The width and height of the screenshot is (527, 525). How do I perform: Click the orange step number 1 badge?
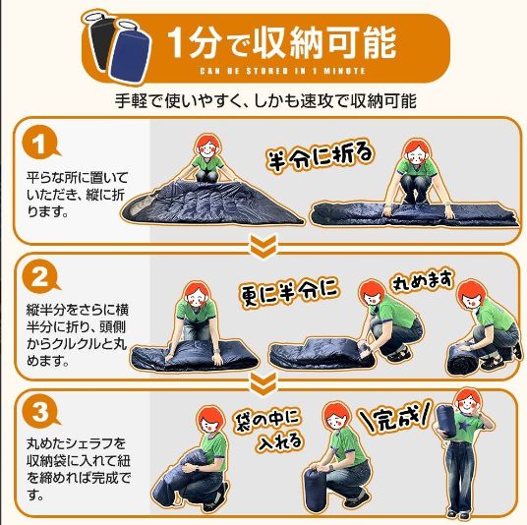(x=40, y=144)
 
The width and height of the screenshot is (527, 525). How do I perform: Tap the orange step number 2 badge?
(x=40, y=277)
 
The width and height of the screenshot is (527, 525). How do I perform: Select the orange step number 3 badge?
(x=40, y=411)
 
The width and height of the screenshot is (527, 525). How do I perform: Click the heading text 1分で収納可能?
(x=281, y=42)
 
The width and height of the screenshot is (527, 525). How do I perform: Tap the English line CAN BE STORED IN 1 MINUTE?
(x=282, y=71)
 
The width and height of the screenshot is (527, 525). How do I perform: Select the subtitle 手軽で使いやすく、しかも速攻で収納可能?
(x=265, y=101)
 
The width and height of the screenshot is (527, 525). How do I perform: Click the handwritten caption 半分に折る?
(x=320, y=156)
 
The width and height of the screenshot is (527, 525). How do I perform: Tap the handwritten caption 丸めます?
(x=422, y=280)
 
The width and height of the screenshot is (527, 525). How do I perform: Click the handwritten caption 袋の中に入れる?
(x=269, y=431)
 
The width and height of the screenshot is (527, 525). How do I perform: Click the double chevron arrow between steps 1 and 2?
(x=263, y=247)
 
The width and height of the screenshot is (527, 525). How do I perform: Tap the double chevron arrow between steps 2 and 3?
(x=263, y=382)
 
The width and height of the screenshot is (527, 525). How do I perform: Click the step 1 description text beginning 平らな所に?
(x=77, y=195)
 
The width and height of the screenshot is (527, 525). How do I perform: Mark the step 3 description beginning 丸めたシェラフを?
(x=78, y=469)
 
